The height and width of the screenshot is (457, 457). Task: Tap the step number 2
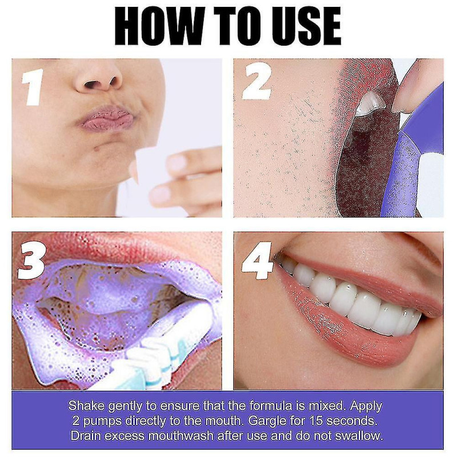coord(256,84)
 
